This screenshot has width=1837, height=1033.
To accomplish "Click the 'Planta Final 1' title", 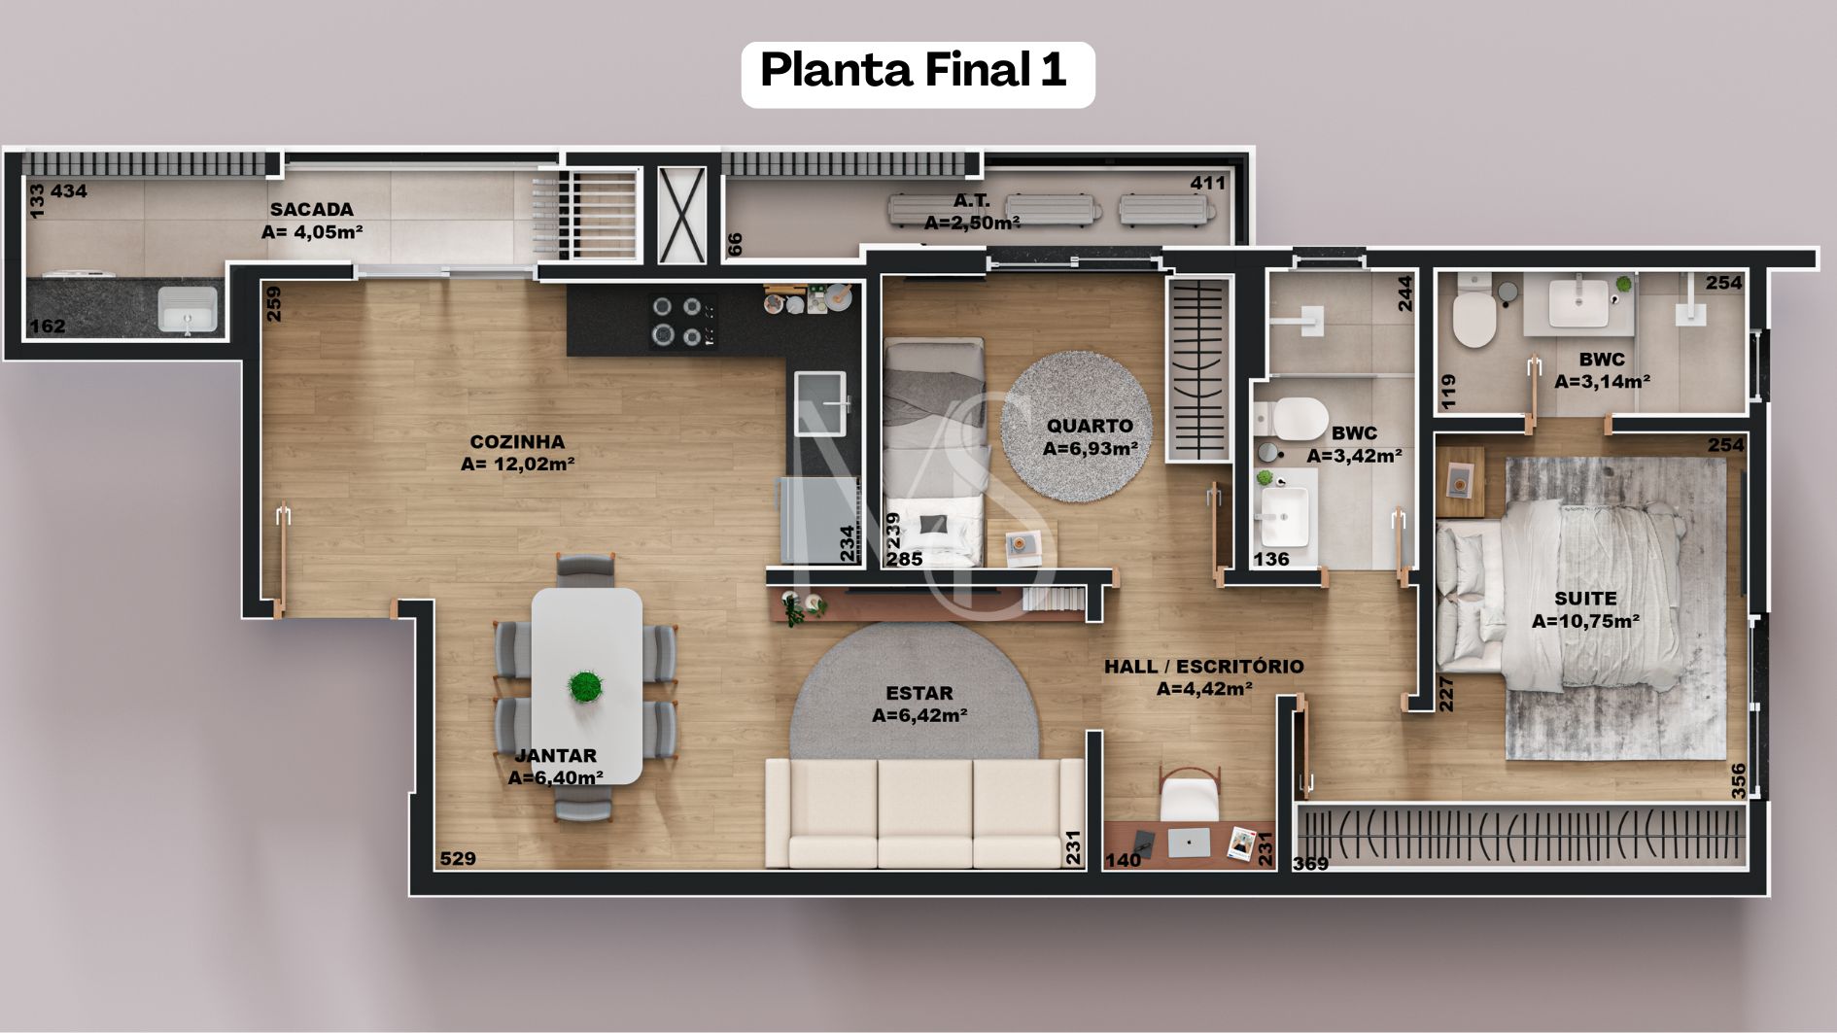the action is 914,70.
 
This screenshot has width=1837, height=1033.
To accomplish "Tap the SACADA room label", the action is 311,209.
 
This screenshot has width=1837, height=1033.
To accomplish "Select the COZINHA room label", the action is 517,441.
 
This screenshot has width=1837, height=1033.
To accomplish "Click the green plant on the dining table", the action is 584,686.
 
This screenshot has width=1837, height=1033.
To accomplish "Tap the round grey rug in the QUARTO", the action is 1076,426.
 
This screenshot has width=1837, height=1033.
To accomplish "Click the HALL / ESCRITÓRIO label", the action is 1203,667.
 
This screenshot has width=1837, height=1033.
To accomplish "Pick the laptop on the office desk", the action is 1189,842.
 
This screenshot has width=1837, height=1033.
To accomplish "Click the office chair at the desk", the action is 1190,793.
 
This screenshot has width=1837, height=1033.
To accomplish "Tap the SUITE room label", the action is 1585,599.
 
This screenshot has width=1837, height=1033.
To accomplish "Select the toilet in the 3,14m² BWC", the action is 1474,311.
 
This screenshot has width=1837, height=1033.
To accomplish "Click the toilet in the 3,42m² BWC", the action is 1293,419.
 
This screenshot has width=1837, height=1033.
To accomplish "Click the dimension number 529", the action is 458,858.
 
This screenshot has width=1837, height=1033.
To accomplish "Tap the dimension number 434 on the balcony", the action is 69,191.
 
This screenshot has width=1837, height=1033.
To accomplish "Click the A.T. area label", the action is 971,201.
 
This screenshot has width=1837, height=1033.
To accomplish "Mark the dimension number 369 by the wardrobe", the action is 1310,863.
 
